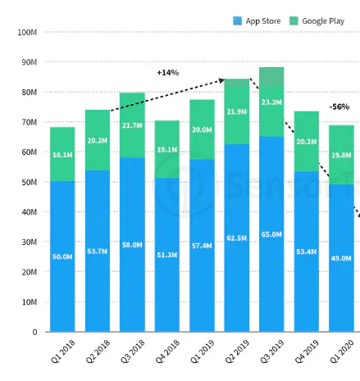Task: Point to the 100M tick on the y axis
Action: point(26,32)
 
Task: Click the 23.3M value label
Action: point(272,102)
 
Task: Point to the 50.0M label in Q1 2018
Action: point(62,256)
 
